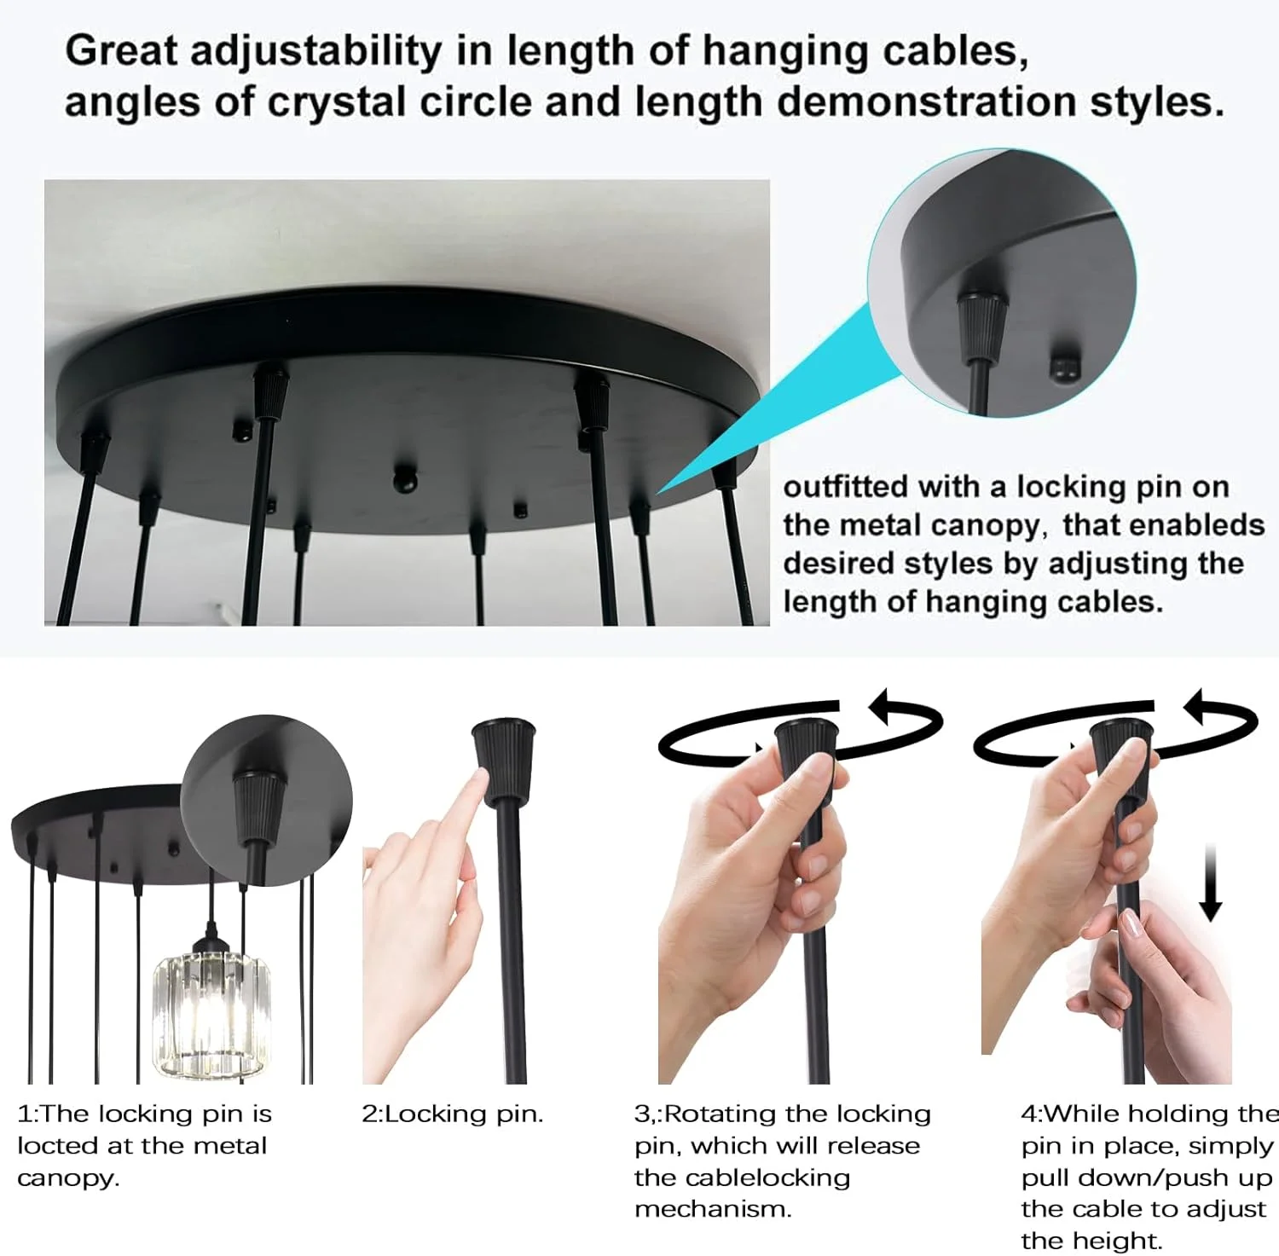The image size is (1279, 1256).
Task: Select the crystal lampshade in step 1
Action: (x=209, y=1014)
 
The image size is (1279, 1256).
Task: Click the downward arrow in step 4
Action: (x=1210, y=883)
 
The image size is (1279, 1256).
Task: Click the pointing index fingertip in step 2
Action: (x=478, y=781)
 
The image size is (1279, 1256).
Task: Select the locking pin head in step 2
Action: (x=504, y=761)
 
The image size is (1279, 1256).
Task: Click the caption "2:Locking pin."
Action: (x=453, y=1114)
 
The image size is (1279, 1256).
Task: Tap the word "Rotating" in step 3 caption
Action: (x=721, y=1114)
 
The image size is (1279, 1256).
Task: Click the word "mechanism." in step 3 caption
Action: (x=713, y=1209)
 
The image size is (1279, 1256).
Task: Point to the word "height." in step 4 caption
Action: (x=1091, y=1241)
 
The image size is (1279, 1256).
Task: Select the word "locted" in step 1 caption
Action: (x=57, y=1146)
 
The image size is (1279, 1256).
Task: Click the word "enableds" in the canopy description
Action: (x=1163, y=525)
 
